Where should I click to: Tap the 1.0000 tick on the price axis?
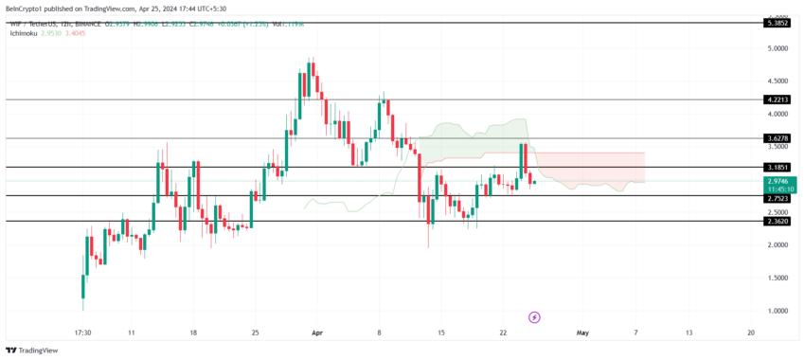[778, 311]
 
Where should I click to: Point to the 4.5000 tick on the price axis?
[778, 81]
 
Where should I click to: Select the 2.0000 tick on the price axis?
[778, 245]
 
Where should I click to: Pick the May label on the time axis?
[582, 333]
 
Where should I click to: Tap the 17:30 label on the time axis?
[82, 333]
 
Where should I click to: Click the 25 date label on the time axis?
[256, 333]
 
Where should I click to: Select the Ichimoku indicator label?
[25, 32]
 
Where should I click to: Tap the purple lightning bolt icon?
[534, 316]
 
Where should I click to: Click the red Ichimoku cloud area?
[597, 166]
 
